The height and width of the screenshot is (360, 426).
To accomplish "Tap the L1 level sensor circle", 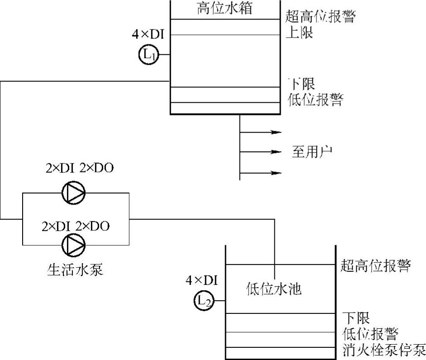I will (x=146, y=55).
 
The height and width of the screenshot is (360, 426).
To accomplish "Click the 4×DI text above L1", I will (x=148, y=34).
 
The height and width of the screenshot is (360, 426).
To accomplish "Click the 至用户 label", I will (x=312, y=151).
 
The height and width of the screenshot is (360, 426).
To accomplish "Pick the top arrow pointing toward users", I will (x=277, y=132).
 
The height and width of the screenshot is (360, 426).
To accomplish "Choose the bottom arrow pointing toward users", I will (x=277, y=173).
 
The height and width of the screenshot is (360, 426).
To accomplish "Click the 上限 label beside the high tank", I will (x=300, y=33).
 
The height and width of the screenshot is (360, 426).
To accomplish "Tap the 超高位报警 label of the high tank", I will (x=321, y=17).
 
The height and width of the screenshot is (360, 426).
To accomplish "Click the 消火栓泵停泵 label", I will (x=384, y=350).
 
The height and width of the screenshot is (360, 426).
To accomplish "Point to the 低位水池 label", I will (x=274, y=288).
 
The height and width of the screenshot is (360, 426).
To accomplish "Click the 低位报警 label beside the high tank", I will (x=315, y=100).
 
